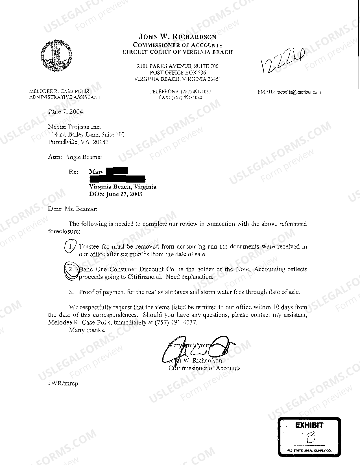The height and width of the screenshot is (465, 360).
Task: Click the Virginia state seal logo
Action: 56,55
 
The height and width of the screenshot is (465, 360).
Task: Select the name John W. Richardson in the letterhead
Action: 178,37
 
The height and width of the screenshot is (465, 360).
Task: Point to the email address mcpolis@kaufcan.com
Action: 299,92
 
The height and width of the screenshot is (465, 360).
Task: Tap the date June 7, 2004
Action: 66,111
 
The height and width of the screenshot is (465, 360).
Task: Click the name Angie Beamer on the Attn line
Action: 84,157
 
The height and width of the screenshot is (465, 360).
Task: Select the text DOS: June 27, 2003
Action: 115,194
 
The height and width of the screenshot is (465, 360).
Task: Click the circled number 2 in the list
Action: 71,270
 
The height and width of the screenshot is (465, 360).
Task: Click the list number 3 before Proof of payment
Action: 71,292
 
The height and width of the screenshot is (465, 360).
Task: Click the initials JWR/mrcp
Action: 63,383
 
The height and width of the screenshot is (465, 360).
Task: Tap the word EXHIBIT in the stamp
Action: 309,425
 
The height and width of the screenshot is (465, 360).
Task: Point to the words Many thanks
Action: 87,330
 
